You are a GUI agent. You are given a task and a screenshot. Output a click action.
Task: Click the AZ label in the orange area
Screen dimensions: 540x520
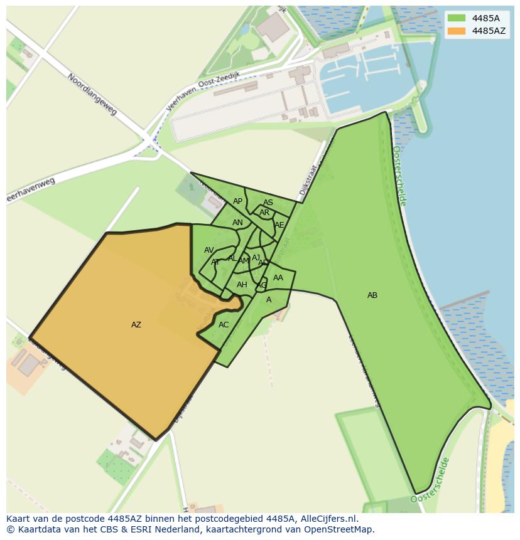[136, 325]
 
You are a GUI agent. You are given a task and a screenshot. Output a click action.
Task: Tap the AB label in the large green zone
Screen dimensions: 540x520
[372, 295]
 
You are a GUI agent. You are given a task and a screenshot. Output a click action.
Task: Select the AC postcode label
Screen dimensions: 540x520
[224, 325]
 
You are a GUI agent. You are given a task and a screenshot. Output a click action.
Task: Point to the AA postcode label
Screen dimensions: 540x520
[278, 278]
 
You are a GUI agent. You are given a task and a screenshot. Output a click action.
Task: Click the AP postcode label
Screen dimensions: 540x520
[237, 201]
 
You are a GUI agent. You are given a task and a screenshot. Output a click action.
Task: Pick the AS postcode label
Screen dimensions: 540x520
[268, 203]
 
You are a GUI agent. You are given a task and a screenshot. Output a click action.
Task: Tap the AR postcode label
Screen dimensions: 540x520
[264, 213]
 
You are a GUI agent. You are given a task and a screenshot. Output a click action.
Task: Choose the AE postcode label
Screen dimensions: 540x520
[279, 225]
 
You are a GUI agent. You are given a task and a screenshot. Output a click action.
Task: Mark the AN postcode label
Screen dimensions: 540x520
[237, 223]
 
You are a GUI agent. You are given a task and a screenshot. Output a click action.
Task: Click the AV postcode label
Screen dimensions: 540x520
[209, 250]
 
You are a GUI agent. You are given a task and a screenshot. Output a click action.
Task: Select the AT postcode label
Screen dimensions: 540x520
[215, 262]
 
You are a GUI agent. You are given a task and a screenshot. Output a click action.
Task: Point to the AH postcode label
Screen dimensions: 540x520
[242, 285]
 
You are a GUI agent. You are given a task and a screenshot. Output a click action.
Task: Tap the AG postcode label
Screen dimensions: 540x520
[262, 285]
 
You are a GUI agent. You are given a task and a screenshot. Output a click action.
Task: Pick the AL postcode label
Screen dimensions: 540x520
[232, 258]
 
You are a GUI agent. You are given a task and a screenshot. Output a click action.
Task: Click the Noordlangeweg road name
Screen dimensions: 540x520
[92, 94]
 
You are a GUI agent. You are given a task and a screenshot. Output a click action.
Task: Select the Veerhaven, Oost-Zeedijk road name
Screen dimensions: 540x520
[203, 90]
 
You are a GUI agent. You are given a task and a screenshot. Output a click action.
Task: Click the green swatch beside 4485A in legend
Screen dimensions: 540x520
[457, 18]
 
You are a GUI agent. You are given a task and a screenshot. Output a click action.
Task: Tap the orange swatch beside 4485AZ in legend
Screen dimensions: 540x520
[457, 31]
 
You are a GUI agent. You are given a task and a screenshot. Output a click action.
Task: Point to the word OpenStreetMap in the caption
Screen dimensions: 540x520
[339, 529]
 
